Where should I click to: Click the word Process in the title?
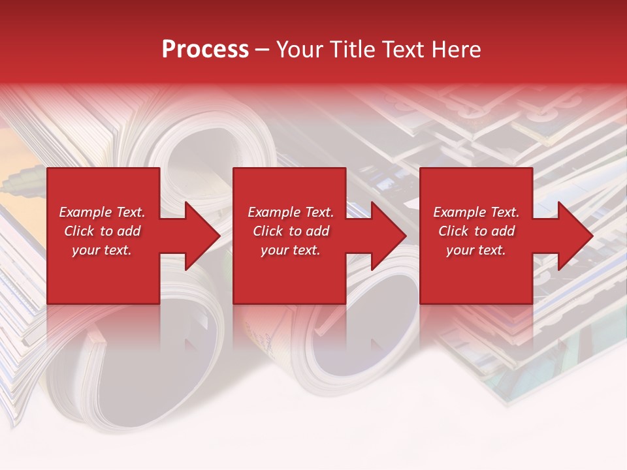click(x=205, y=50)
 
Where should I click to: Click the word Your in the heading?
click(x=299, y=50)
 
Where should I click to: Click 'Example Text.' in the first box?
click(x=102, y=212)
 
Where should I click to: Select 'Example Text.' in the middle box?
click(x=291, y=212)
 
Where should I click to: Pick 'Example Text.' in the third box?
click(x=476, y=212)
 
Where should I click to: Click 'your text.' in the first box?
click(x=102, y=250)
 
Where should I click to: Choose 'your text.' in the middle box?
click(x=291, y=250)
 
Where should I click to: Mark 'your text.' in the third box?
click(x=476, y=250)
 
